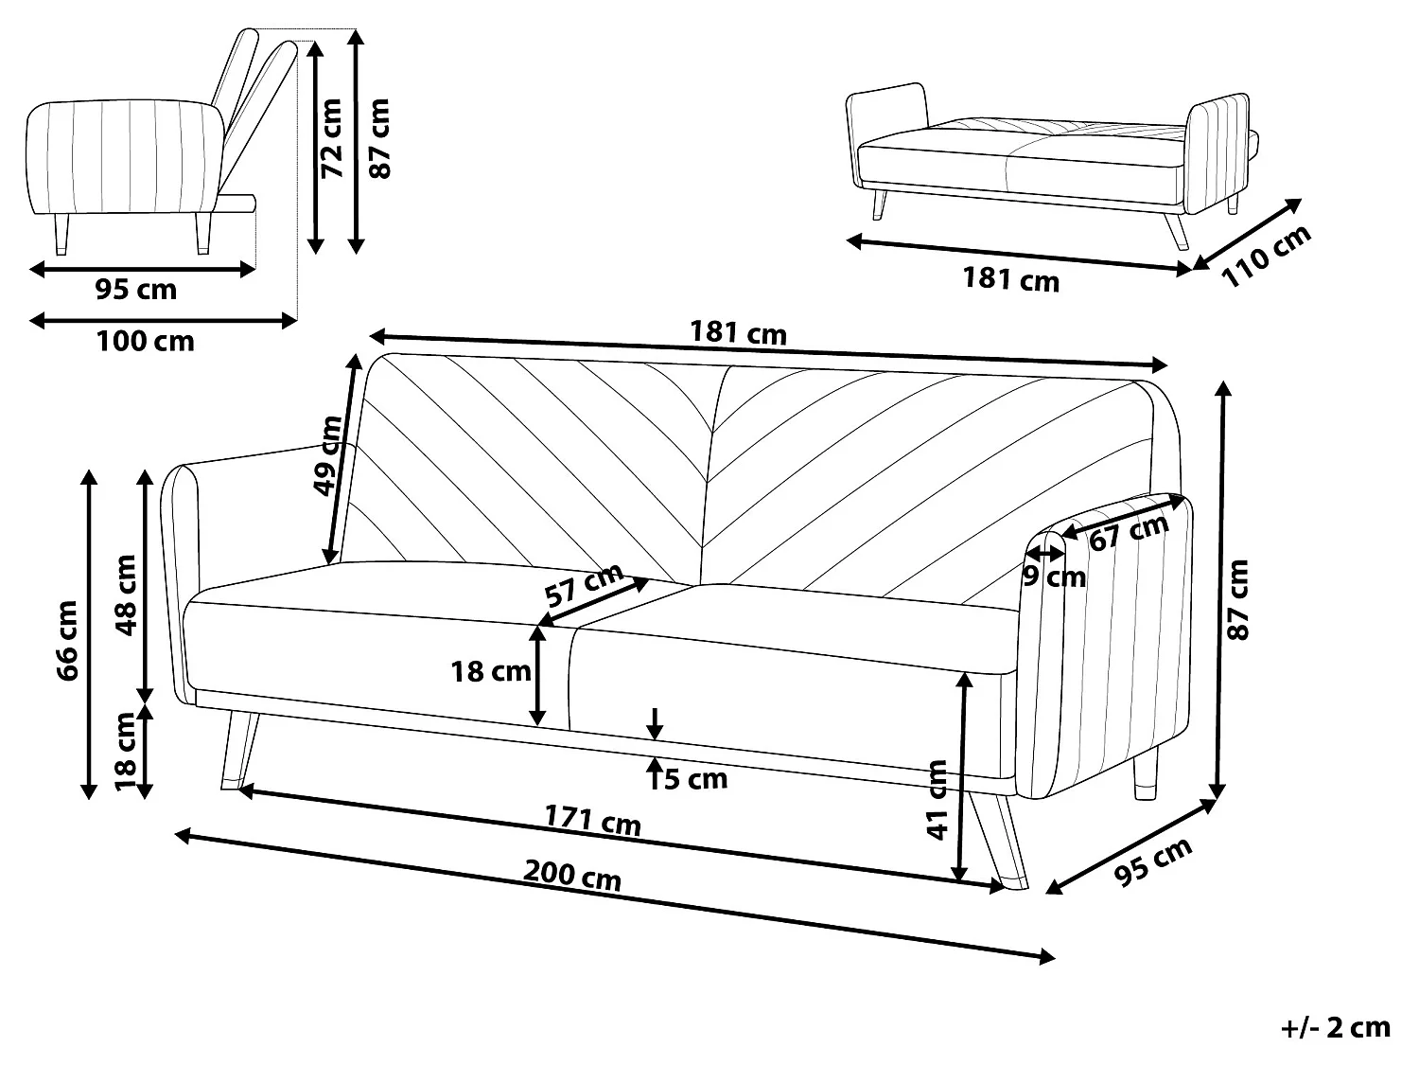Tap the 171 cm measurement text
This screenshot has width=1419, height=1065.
(x=592, y=820)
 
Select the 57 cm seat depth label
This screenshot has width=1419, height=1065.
(x=585, y=585)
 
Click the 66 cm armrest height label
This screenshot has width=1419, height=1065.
(x=67, y=640)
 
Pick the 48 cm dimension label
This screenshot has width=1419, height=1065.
(x=124, y=594)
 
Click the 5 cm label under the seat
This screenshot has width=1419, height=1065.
(x=695, y=779)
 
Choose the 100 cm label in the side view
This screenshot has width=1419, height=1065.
(x=145, y=341)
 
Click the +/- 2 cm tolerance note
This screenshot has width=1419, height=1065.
(x=1335, y=1027)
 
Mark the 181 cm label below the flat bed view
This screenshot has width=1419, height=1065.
(x=1010, y=279)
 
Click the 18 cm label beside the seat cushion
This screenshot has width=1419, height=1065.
(x=490, y=671)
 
